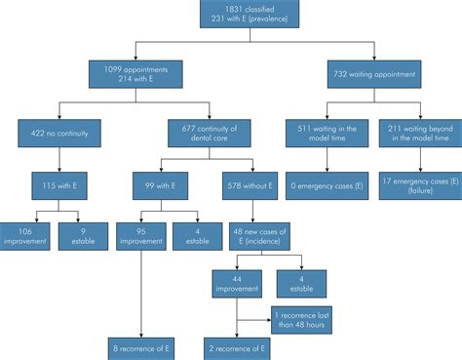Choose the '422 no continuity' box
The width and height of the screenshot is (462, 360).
coord(60,129)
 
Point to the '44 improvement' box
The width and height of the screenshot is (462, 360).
coord(237,283)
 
